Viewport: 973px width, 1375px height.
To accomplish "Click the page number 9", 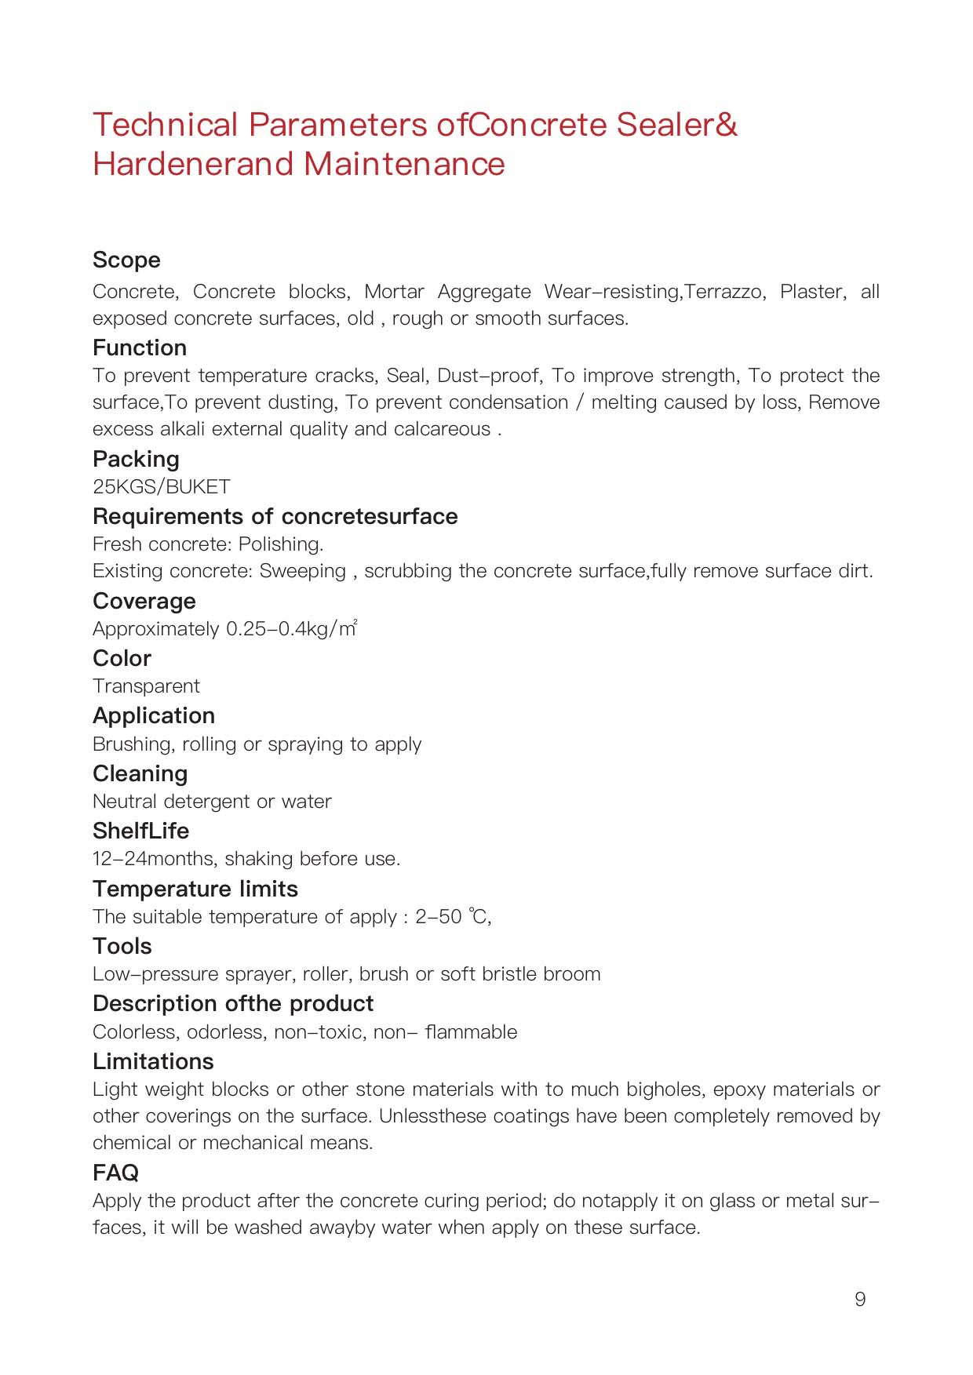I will coord(860,1300).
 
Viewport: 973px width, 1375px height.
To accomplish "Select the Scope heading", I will coord(126,260).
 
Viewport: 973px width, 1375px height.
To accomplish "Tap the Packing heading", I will coord(136,460).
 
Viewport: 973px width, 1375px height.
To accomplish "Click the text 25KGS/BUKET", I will coord(162,487).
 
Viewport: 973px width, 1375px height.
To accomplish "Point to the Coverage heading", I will coord(144,602).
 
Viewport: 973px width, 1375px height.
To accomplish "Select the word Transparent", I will coord(146,686).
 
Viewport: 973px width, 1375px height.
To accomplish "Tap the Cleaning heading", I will coord(140,774).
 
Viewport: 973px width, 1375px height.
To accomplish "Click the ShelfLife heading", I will coord(141,831).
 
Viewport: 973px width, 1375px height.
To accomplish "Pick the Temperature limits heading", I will coord(195,889).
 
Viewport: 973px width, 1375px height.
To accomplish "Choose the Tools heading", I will coord(122,947).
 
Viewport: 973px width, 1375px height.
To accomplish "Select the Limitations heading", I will coord(153,1062).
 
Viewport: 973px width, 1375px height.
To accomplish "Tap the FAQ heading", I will coord(115,1173).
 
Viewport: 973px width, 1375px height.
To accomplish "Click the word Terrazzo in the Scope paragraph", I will coord(725,292).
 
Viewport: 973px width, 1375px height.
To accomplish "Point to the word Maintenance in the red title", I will coord(404,165).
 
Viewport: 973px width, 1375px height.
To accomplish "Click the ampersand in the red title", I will coord(727,125).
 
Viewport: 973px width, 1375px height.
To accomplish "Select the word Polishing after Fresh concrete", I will coord(281,544).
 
